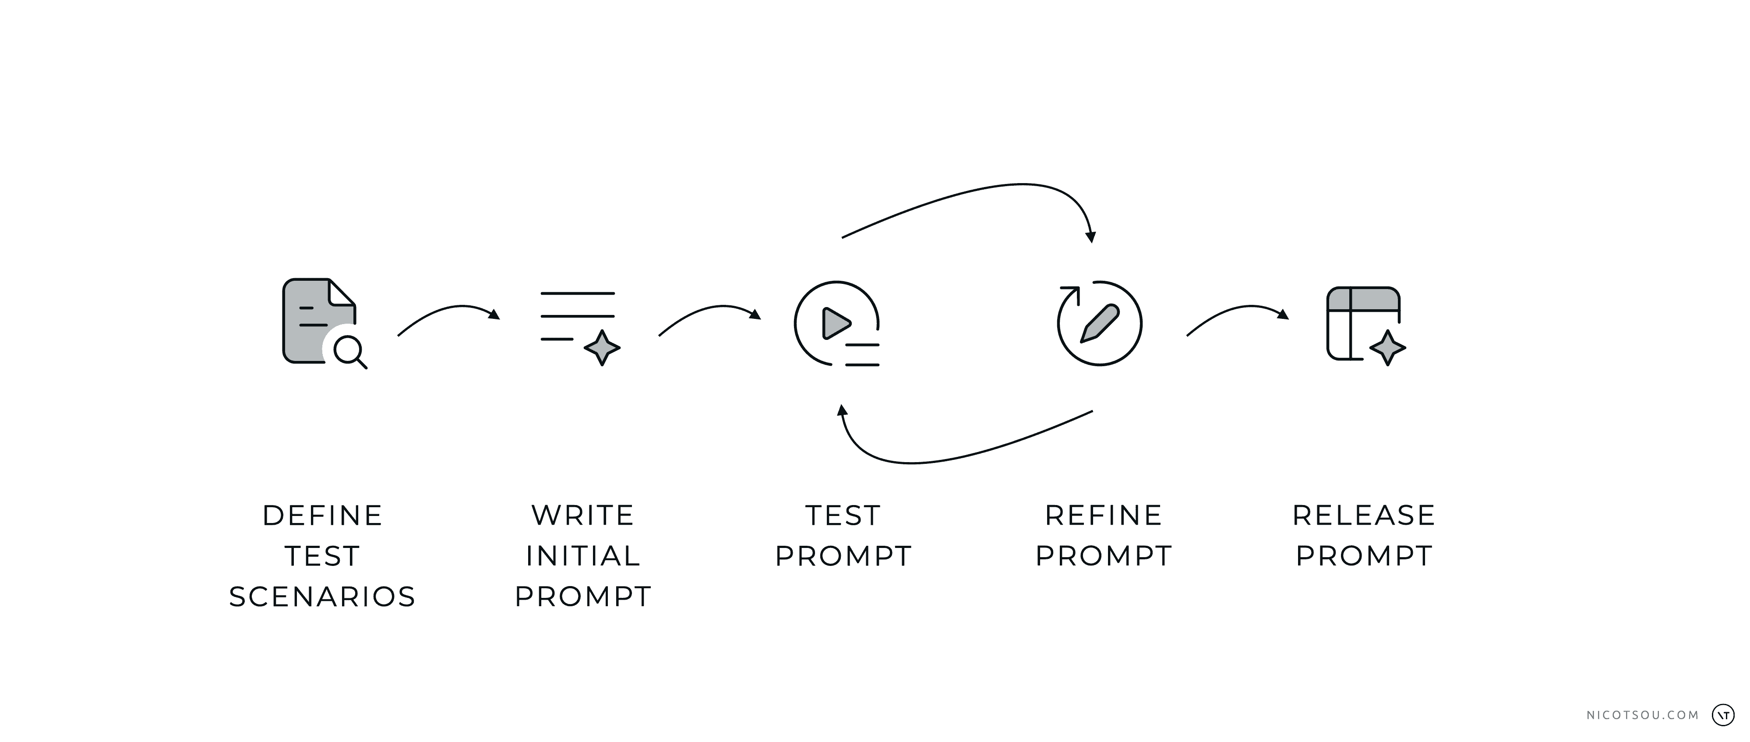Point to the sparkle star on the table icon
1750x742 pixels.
pos(1387,348)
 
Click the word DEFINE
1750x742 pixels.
pos(323,516)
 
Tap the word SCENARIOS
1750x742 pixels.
pos(323,597)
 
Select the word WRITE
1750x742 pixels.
pos(583,516)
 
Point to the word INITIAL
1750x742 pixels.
pos(583,556)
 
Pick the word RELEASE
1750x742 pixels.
pos(1364,516)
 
